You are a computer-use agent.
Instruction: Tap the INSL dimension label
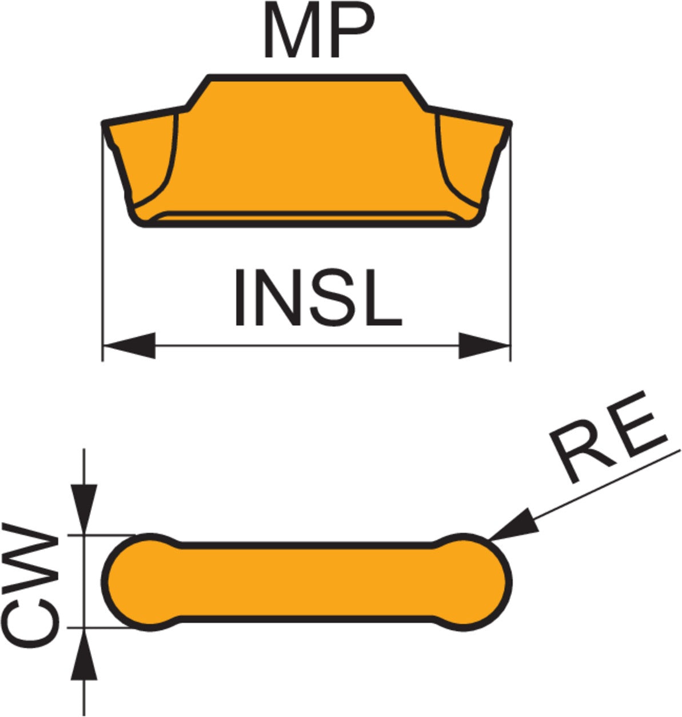coord(318,298)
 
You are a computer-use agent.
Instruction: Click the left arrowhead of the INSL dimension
coord(129,345)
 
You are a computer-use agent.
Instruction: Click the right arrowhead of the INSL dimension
coord(484,345)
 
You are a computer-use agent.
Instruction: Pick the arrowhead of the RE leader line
coord(515,526)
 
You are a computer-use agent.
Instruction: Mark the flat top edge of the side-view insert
coord(307,78)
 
